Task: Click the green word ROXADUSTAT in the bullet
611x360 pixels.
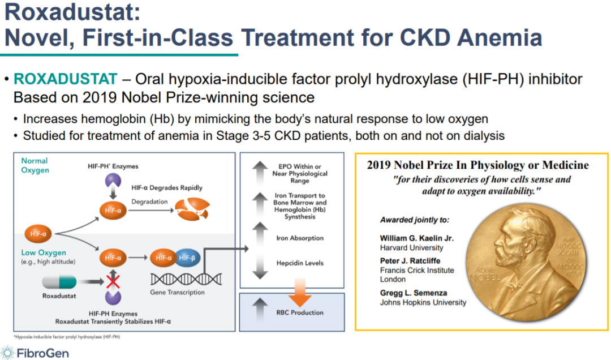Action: [x=65, y=79]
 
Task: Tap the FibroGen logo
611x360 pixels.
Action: [x=35, y=353]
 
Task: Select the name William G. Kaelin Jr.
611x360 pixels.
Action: [x=416, y=238]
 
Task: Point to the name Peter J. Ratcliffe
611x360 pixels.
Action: [x=410, y=261]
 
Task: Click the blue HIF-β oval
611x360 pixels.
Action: [x=187, y=258]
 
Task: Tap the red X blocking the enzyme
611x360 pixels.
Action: [x=113, y=281]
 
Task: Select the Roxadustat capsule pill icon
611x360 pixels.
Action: [x=59, y=281]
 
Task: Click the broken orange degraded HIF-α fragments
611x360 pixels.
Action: [x=192, y=209]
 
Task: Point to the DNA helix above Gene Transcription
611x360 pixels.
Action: [x=186, y=279]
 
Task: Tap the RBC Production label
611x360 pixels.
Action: [x=300, y=312]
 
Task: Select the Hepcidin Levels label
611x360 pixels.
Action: [x=300, y=263]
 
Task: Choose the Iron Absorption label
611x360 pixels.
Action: [x=300, y=238]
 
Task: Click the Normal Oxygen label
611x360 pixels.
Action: [x=35, y=165]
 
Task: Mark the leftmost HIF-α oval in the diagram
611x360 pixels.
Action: [x=38, y=234]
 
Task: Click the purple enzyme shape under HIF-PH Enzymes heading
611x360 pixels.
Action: [x=113, y=180]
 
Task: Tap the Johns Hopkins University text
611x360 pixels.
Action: [x=423, y=302]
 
